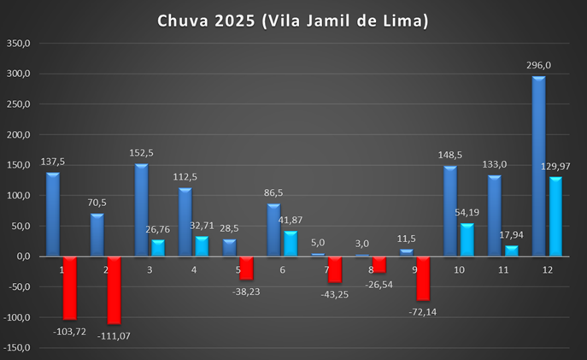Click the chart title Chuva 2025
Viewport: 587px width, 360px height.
[292, 20]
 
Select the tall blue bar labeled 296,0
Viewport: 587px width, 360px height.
[538, 167]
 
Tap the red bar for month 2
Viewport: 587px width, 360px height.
[114, 291]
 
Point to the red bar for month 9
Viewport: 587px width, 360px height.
[422, 278]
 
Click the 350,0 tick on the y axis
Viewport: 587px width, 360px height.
[18, 44]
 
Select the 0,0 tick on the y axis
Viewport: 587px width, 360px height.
[22, 257]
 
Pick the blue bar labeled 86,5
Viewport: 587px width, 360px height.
[274, 230]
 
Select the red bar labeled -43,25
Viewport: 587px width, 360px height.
[334, 269]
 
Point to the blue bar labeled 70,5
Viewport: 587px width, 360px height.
[97, 235]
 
